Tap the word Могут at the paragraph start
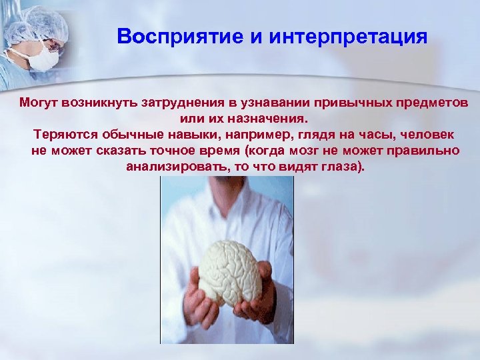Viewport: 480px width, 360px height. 40,104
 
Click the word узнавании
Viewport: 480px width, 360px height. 293,104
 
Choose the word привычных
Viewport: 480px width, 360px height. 364,104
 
